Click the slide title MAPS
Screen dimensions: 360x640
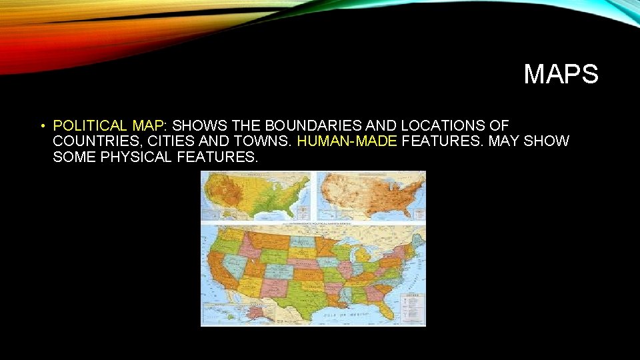[x=561, y=74]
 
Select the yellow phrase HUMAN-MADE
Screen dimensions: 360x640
[x=347, y=141]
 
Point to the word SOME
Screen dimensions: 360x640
[x=72, y=157]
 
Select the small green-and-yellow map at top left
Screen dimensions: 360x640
[x=257, y=196]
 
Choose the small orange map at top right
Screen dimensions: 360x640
[x=371, y=196]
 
